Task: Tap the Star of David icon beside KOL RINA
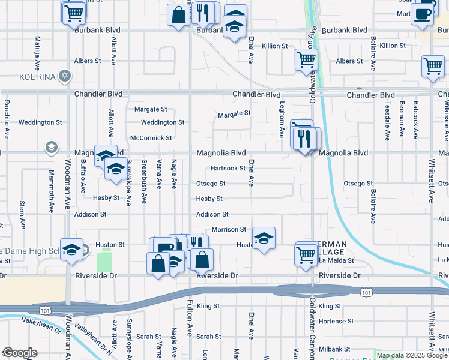65,77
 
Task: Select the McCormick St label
151,137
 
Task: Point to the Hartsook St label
228,169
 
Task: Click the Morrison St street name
229,229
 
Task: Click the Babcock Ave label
415,119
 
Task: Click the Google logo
20,353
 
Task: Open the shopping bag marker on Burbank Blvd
179,16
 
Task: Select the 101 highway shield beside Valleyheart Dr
44,310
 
